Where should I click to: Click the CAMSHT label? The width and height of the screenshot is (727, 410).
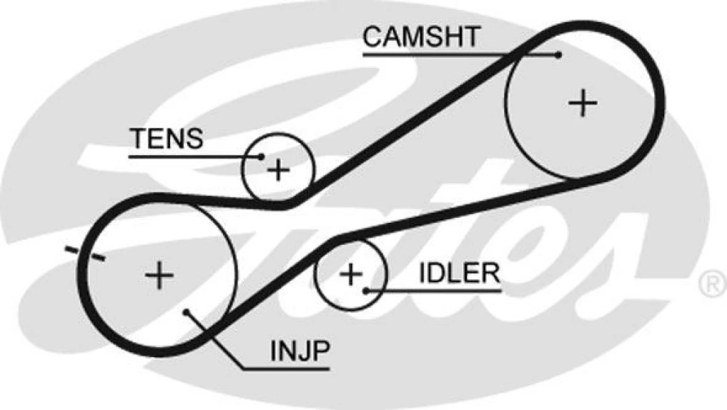point(421,36)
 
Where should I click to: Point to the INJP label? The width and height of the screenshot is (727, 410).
point(300,351)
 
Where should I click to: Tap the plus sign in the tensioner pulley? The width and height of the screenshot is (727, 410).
point(279,170)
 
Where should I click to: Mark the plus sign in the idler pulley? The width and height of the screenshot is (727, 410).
point(350,274)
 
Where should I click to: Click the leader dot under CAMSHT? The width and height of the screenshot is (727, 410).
point(558,54)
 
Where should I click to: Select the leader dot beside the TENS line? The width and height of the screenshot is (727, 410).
point(262,156)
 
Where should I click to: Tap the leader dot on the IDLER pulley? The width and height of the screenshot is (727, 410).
point(366,289)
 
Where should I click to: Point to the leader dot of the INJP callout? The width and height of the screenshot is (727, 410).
point(186,312)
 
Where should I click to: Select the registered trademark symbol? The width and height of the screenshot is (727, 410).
point(711,284)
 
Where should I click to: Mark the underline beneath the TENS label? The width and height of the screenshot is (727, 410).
point(179,155)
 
